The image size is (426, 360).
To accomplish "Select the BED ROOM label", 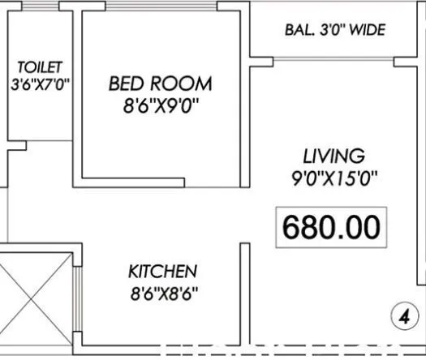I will tap(160, 84).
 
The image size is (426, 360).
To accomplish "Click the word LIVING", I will tap(333, 155).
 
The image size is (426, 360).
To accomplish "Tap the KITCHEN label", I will tap(162, 270).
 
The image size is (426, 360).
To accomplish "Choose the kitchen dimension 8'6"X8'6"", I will tap(162, 290).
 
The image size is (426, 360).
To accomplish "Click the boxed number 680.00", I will tap(330, 227).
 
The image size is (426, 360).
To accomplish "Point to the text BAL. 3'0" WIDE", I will tap(335, 32).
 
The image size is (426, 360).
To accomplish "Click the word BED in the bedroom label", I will tap(127, 84).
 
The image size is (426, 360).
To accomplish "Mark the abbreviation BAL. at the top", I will tap(299, 32).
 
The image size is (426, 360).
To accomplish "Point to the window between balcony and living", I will tap(332, 60).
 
